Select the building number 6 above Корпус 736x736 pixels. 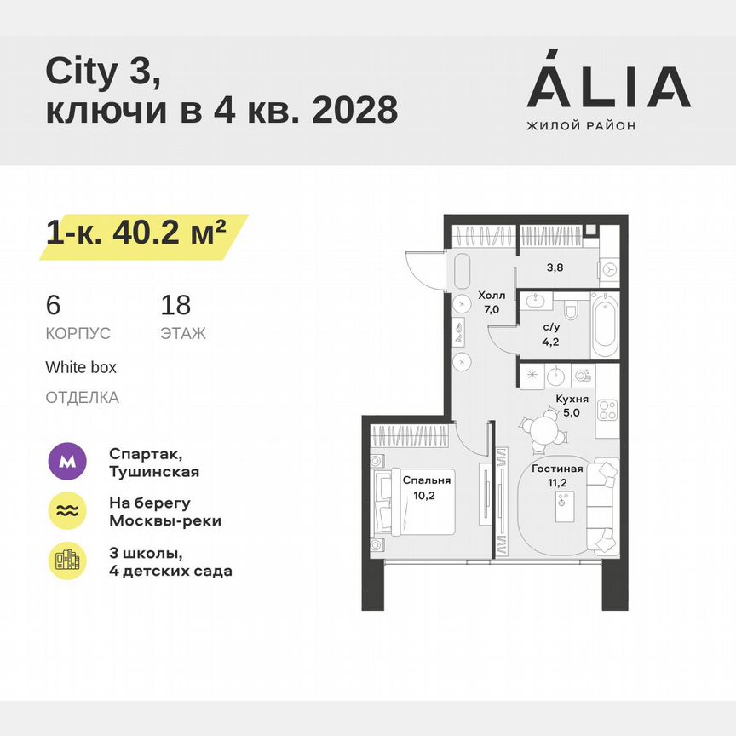[x=53, y=305]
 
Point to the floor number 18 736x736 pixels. [x=175, y=305]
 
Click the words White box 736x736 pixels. [x=81, y=368]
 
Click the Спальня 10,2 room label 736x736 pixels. [x=426, y=487]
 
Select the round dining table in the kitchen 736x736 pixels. [x=542, y=428]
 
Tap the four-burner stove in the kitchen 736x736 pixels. [x=606, y=411]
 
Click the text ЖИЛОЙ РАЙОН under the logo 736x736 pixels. [x=581, y=126]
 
